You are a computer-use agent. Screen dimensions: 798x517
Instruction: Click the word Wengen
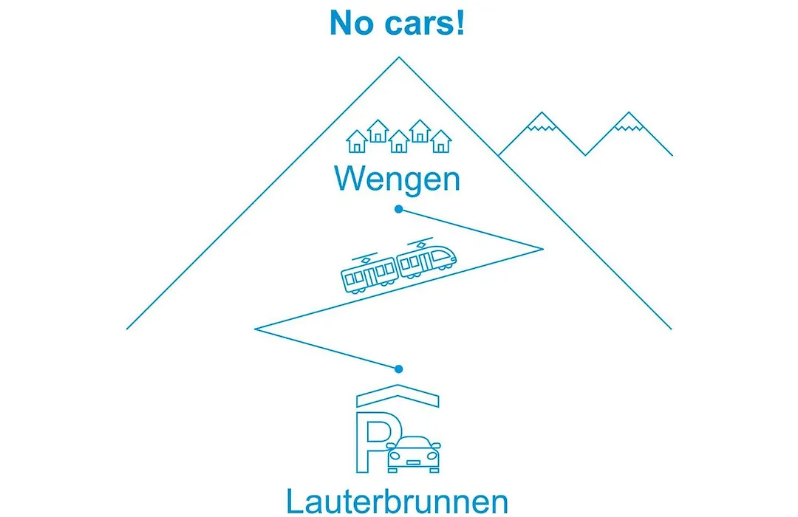(397, 179)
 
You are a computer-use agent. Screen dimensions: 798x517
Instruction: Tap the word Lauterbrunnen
(397, 501)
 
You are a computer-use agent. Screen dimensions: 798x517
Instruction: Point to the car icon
(413, 454)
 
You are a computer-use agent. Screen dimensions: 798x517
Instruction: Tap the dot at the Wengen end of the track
(398, 209)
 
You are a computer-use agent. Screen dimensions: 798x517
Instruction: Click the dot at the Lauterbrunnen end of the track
(398, 369)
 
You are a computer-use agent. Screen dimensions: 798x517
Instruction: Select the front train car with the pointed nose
(426, 258)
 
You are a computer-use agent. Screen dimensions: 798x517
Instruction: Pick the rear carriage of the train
(369, 273)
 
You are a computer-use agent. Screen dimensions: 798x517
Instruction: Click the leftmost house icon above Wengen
(357, 142)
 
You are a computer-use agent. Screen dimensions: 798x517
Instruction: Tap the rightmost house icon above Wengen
(440, 142)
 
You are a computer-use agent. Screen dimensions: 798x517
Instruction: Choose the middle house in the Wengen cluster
(398, 142)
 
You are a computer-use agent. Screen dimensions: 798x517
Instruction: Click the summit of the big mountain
(399, 58)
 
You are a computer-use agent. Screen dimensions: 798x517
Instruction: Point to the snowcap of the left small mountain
(542, 122)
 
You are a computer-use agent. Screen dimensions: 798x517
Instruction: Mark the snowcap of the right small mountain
(629, 122)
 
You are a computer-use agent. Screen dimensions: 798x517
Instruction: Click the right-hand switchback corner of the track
(543, 249)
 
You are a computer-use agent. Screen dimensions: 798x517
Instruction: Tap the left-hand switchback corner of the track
(255, 329)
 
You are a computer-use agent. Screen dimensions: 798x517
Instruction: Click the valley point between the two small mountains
(585, 154)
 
